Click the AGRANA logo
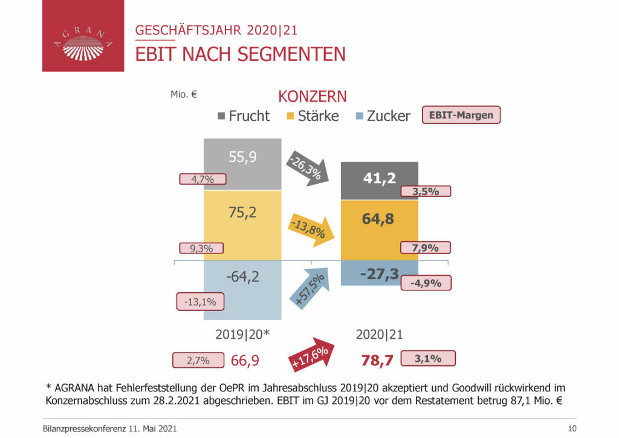(x=83, y=36)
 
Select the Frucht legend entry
(x=243, y=116)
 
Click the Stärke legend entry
(x=313, y=116)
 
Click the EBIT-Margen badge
(x=461, y=115)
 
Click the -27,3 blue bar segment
(x=380, y=274)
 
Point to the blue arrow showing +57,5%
(x=310, y=290)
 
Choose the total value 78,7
(x=378, y=361)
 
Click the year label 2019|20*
(x=242, y=334)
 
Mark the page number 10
(x=572, y=428)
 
